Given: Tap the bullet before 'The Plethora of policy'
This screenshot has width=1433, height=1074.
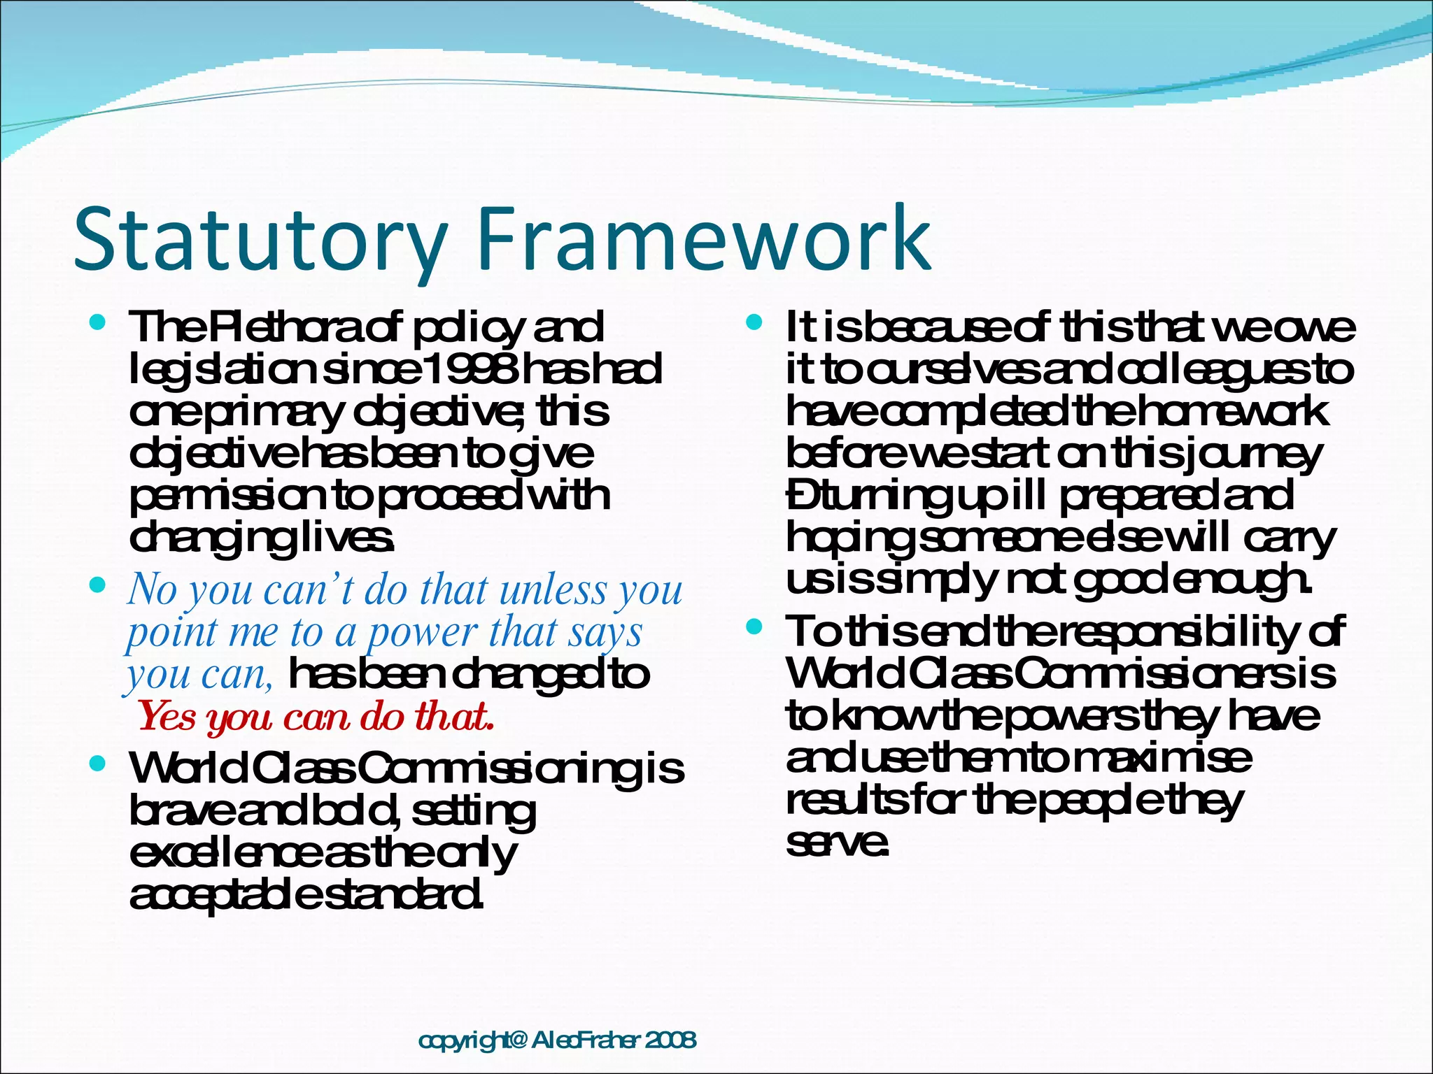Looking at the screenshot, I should [98, 323].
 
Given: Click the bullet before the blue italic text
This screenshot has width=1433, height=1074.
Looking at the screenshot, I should [98, 585].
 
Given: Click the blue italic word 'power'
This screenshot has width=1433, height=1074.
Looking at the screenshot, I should [423, 632].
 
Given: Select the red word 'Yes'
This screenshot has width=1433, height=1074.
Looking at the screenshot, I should [167, 716].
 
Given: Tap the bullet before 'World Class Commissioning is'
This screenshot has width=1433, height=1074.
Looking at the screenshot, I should [98, 764].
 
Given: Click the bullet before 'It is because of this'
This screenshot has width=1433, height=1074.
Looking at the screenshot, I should [754, 323].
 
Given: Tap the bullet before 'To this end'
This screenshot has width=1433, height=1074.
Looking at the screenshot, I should [754, 626].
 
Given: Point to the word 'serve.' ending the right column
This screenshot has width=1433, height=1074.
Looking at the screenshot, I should [837, 842].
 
